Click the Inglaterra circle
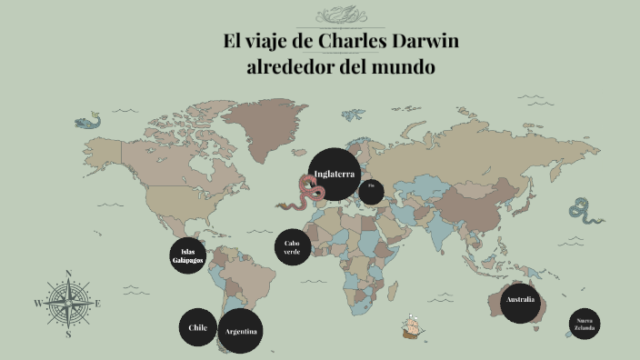tap(334, 175)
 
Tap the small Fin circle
tap(371, 192)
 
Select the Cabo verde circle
tap(292, 247)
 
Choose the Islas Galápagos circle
tap(188, 256)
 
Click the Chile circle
tap(197, 327)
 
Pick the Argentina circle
tap(241, 330)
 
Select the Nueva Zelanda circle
tap(585, 325)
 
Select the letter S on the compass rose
tap(68, 334)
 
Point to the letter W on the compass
tap(38, 304)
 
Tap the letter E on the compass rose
tap(98, 304)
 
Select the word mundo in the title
tap(400, 67)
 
